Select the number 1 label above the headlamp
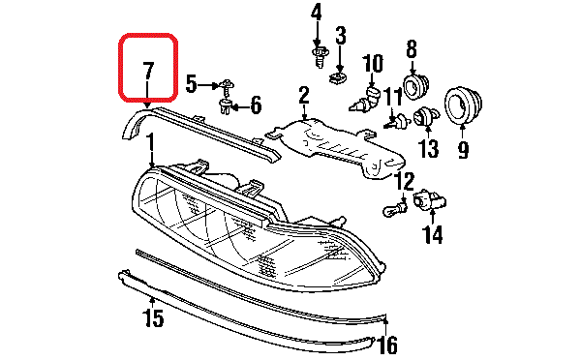[151, 145]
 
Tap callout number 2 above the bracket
[303, 95]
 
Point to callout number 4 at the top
[316, 14]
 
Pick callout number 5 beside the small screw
[257, 104]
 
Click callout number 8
[411, 48]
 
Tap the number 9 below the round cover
[462, 150]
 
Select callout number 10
[373, 66]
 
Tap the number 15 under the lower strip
[153, 316]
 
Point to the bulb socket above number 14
[428, 202]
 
